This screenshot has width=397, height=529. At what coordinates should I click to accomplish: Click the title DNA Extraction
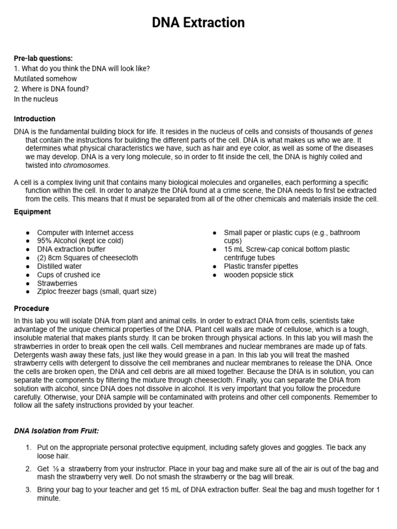tap(198, 23)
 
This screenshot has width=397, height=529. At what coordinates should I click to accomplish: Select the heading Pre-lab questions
tap(43, 58)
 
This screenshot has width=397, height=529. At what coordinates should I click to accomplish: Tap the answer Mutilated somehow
tap(45, 79)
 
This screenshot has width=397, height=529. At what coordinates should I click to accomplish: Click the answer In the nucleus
tap(36, 99)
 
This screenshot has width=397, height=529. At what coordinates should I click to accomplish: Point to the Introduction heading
tap(35, 119)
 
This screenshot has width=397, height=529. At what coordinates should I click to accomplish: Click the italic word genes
tap(363, 132)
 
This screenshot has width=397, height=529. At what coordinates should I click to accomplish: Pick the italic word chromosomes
tap(86, 165)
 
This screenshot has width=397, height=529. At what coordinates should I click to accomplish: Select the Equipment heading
tap(32, 212)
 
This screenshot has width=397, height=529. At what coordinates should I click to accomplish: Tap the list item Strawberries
tap(57, 283)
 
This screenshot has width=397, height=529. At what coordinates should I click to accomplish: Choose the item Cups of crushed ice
tap(68, 275)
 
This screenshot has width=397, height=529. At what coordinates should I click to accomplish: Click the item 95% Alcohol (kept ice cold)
tap(80, 241)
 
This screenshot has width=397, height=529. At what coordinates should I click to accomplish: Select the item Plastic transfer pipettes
tap(261, 266)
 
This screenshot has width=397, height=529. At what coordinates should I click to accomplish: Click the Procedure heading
tap(32, 308)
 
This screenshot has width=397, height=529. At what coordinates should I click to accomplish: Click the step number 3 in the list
tap(28, 489)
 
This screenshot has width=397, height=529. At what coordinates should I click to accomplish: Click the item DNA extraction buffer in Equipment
tap(71, 249)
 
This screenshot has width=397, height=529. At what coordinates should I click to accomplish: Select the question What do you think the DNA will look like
tap(82, 68)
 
